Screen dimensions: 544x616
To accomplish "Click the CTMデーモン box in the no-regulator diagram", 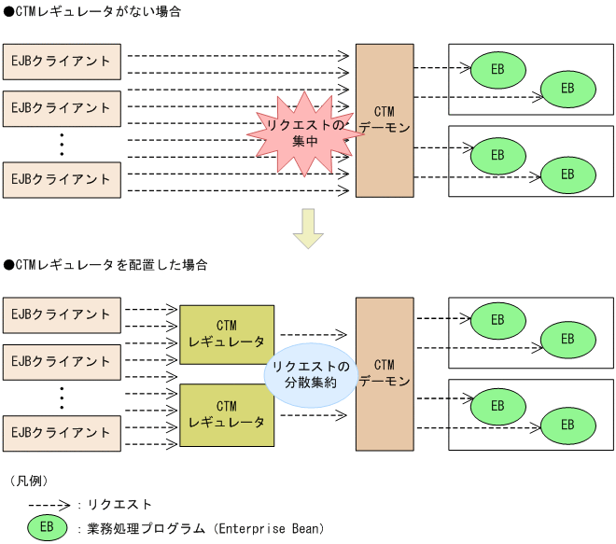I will [x=384, y=120].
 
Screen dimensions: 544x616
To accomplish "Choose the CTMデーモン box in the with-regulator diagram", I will [x=384, y=373].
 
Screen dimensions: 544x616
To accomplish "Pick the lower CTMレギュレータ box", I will [x=226, y=414].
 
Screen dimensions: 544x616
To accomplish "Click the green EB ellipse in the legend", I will [x=46, y=528].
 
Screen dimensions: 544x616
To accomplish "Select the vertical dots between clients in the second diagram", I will [x=61, y=397].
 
